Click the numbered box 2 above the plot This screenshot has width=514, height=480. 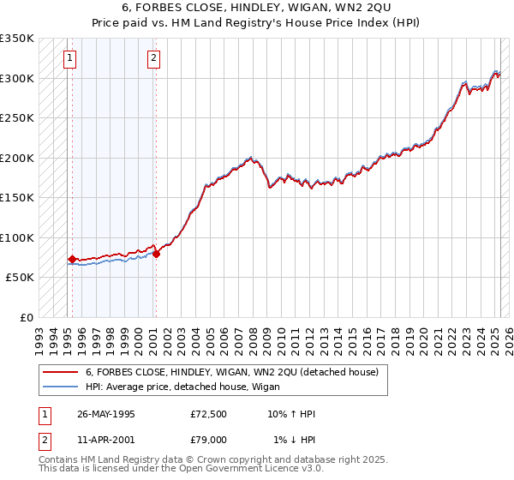coord(152,58)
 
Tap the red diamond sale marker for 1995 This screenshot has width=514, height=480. coord(73,259)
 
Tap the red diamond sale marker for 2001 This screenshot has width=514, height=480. coord(156,254)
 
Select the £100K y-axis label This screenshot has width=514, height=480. coord(17,237)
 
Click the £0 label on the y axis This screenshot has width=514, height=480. coord(25,317)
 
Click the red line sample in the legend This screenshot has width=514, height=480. coord(60,372)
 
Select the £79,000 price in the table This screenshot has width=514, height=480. coord(208,440)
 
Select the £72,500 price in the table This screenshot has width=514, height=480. coord(208,414)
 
